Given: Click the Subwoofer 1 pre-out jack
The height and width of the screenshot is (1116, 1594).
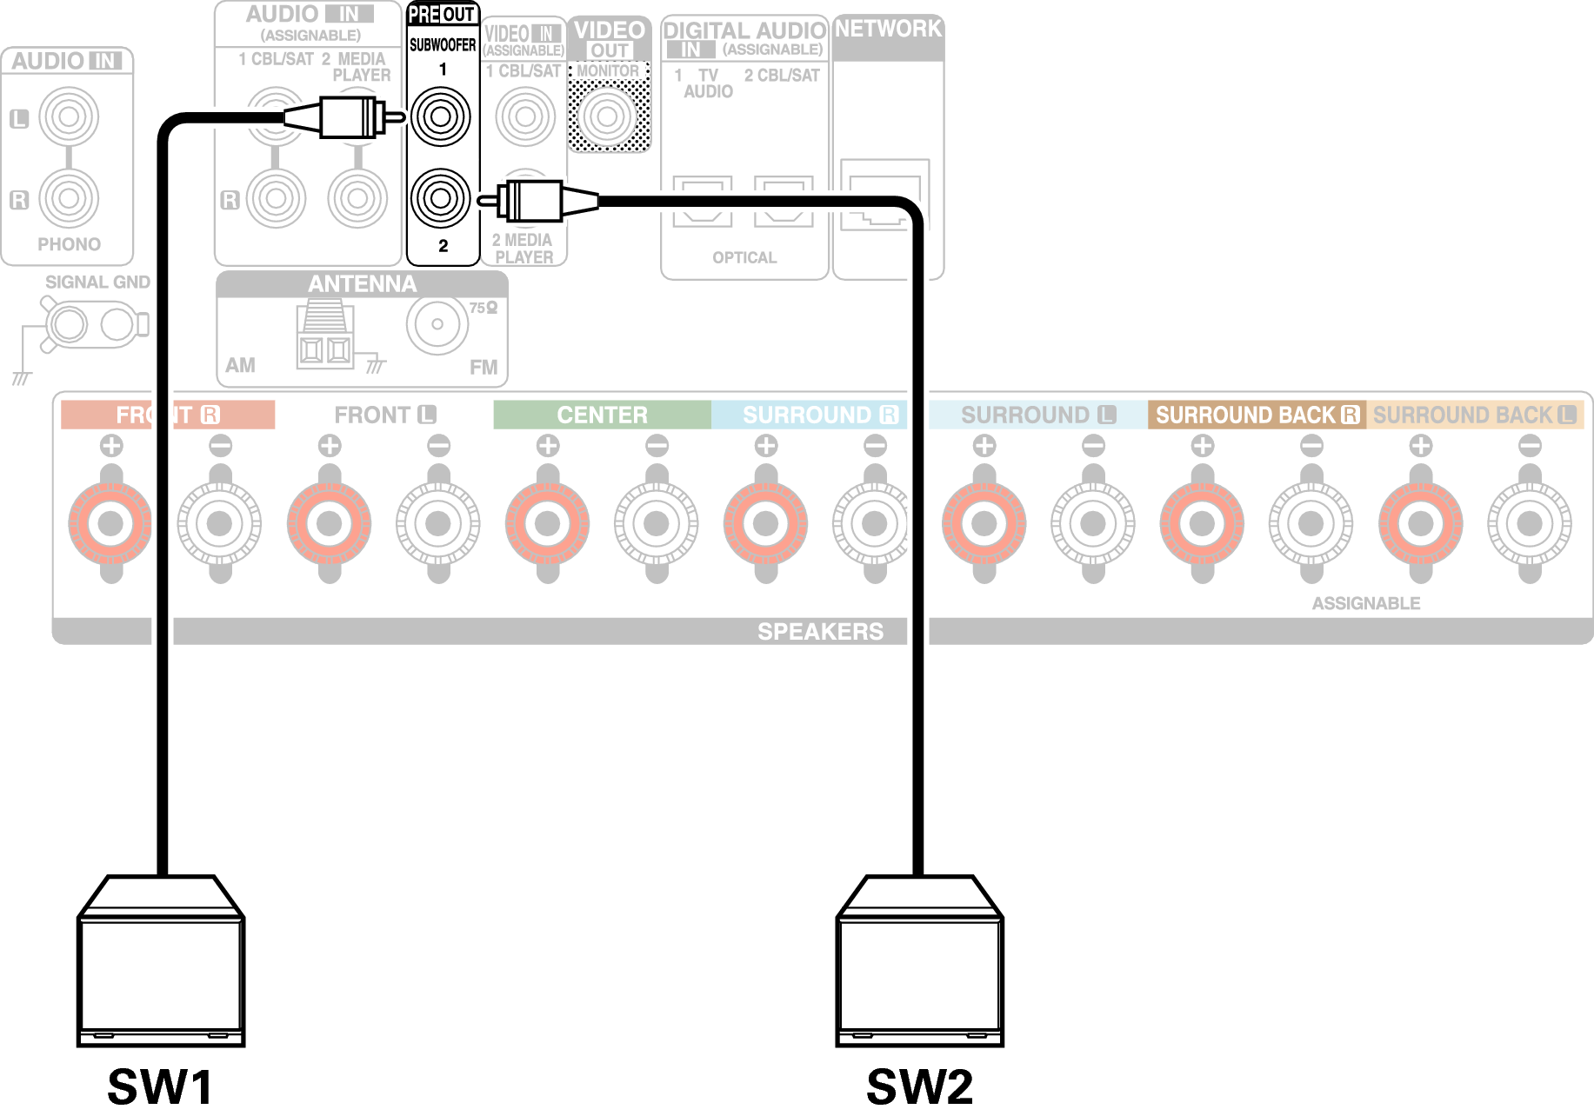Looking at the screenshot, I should (x=441, y=116).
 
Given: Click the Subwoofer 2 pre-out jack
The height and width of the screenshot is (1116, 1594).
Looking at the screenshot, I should (x=441, y=198).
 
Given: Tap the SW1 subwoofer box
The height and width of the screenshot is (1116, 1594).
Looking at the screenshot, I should (x=161, y=965).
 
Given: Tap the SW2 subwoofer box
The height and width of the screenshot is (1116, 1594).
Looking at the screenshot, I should (x=919, y=965).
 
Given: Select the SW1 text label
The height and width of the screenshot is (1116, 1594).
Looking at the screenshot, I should (x=161, y=1086).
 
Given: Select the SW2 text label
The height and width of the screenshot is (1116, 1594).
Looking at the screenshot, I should (x=919, y=1086).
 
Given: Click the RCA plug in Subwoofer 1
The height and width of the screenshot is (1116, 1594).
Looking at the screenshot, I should (x=348, y=116).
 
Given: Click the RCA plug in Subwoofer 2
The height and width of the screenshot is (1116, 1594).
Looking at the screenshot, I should (x=535, y=201).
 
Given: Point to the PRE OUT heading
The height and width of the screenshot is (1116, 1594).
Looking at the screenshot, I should (x=442, y=15).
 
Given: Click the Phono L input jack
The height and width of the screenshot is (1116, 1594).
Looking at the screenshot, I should (x=69, y=116).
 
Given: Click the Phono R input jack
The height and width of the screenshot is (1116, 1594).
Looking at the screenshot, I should (x=69, y=198).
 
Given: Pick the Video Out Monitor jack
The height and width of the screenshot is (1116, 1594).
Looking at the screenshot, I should (x=608, y=116).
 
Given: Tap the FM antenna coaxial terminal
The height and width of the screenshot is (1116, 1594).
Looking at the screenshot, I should (x=437, y=324).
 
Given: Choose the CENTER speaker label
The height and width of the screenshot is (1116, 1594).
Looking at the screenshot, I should (x=602, y=415).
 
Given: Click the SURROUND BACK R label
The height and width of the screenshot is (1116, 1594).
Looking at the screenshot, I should (x=1256, y=415).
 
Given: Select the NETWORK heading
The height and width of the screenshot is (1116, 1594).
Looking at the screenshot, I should (x=888, y=29).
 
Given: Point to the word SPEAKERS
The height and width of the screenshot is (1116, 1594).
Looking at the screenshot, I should (x=820, y=631).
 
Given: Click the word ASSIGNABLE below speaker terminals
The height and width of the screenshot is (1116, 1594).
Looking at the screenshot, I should (x=1366, y=603).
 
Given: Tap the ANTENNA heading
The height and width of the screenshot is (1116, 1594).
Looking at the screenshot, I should (x=362, y=284).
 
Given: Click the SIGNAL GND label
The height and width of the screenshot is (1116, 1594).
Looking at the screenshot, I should (x=97, y=282).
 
